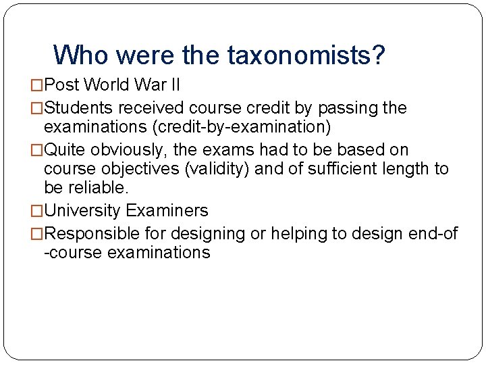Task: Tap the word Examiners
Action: pos(167,211)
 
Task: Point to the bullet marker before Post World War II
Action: pos(37,86)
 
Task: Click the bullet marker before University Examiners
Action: pos(37,212)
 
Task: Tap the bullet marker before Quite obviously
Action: pos(37,150)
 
